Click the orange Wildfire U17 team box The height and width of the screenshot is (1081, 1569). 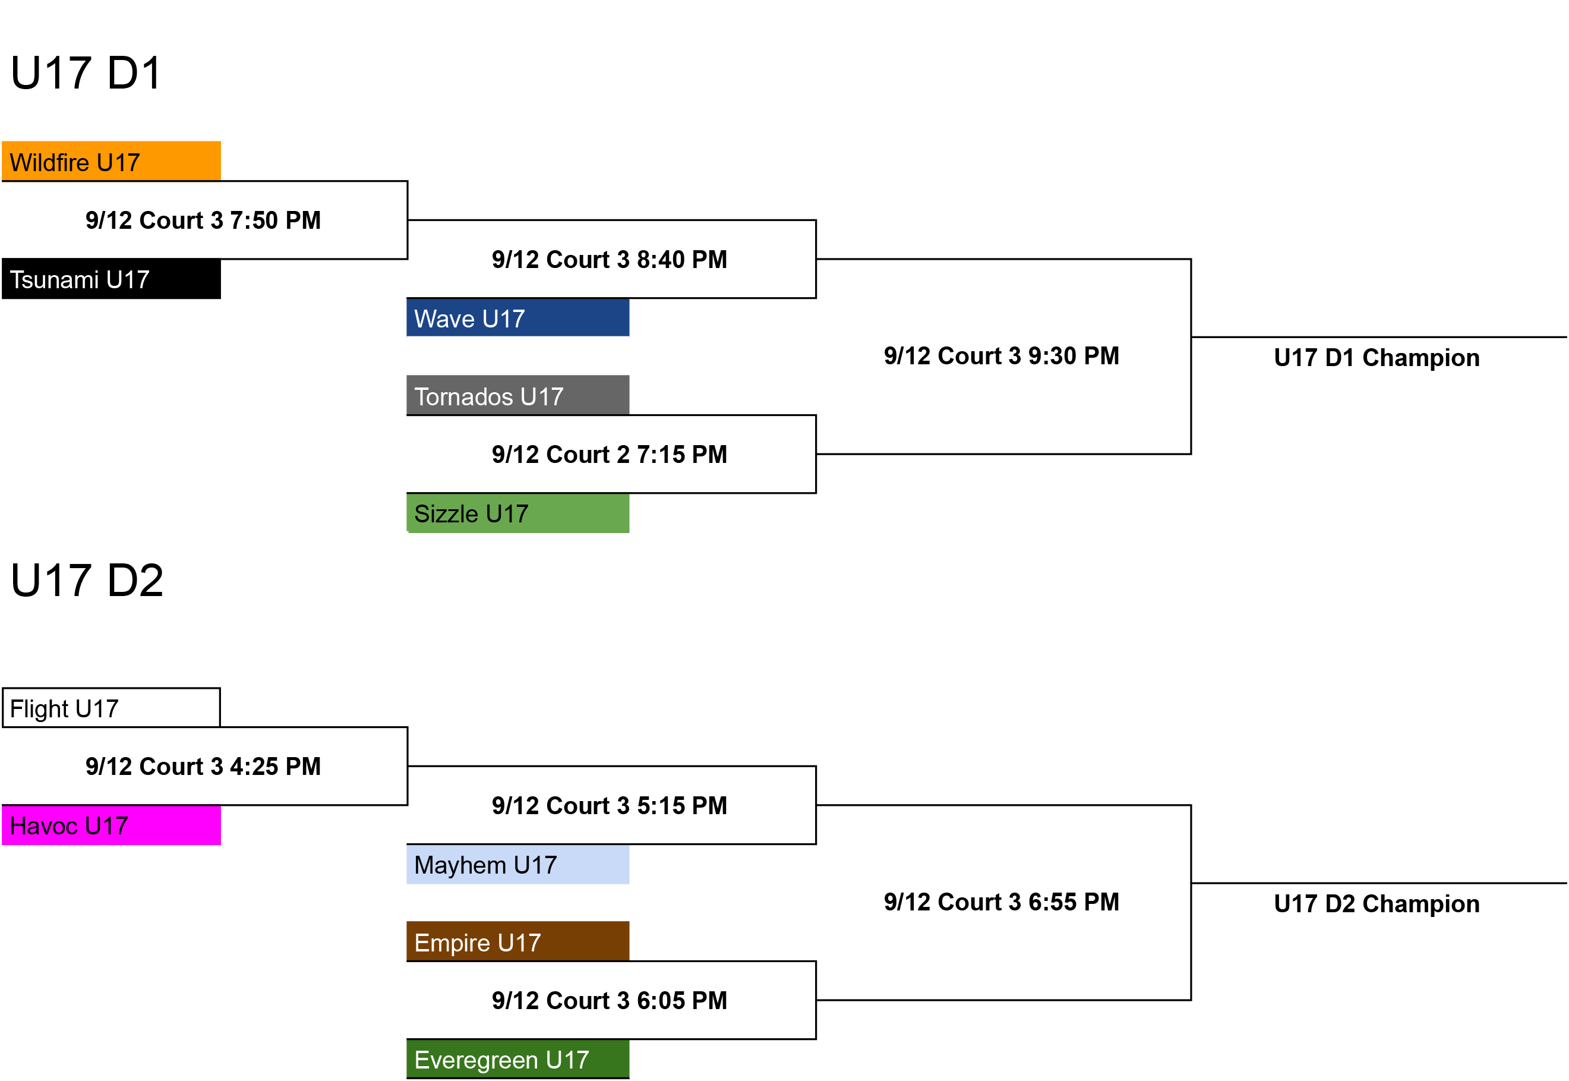point(111,161)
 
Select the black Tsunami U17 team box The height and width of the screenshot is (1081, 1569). point(111,278)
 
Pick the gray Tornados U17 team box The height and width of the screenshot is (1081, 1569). point(517,395)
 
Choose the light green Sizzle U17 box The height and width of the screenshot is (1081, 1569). point(517,513)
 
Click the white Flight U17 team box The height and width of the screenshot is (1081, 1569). point(111,708)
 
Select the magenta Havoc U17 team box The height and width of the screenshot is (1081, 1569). point(111,825)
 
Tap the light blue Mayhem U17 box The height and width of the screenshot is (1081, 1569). point(517,864)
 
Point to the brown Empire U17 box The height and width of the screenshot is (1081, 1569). point(517,941)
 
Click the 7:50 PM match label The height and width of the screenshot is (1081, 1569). point(203,220)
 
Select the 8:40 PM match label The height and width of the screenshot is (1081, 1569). point(610,260)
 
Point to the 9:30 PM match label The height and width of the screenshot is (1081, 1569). point(1002,355)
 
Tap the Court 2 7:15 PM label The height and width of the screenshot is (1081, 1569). point(610,455)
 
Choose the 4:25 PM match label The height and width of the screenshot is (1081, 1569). point(203,767)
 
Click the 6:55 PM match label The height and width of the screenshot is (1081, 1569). point(1002,902)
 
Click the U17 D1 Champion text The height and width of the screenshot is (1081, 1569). point(1377,358)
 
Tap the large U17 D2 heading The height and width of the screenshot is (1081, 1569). point(87,581)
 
